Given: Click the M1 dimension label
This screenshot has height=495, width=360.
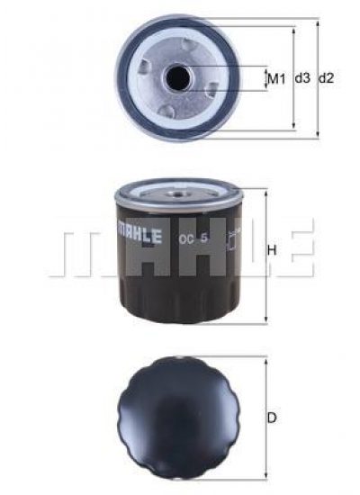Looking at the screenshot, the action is (x=276, y=78).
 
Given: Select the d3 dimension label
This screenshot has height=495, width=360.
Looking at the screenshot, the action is (x=302, y=77).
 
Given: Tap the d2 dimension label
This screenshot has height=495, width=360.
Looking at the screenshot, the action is (x=326, y=77).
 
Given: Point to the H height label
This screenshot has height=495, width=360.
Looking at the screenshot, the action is (x=272, y=250).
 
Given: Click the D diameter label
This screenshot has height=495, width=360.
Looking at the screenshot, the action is (x=272, y=418).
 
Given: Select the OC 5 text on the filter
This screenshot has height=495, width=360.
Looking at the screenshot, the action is (x=193, y=238).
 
